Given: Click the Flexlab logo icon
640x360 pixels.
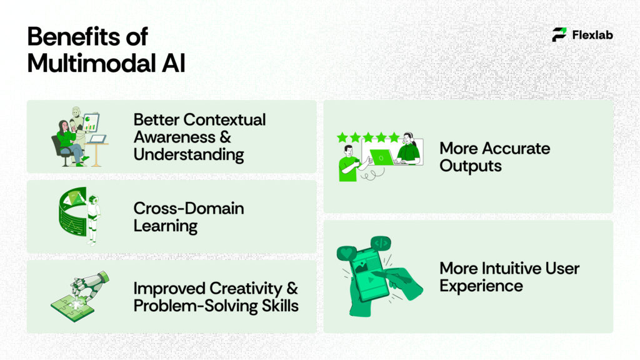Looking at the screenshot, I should [x=559, y=35].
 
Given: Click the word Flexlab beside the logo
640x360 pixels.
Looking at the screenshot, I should [x=592, y=35].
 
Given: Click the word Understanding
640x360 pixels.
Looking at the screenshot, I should [x=189, y=154].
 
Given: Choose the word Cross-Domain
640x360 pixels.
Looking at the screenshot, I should [x=189, y=208].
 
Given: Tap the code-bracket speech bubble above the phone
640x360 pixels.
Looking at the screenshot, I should [x=381, y=243].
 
